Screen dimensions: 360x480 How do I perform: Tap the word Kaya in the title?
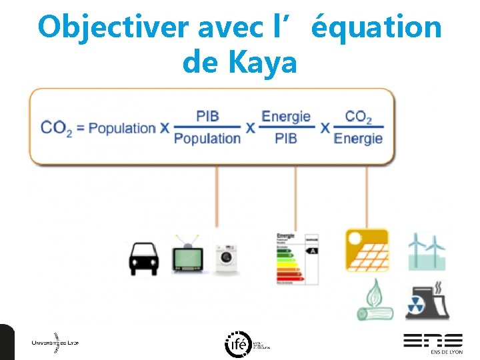262,63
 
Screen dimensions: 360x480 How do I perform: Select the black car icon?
143,259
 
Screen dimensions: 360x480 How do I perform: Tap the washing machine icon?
227,257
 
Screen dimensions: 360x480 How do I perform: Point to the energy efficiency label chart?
297,259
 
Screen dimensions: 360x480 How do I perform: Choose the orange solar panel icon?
367,250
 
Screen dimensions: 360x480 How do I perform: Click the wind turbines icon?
427,251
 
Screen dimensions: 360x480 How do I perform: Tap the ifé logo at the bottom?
238,343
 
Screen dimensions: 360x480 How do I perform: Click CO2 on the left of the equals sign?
56,127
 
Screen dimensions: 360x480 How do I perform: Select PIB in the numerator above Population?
207,116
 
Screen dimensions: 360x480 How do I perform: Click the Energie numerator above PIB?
286,116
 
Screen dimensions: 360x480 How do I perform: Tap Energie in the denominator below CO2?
358,139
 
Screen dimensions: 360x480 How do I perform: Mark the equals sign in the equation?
81,128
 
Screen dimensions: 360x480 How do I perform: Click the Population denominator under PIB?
207,139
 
